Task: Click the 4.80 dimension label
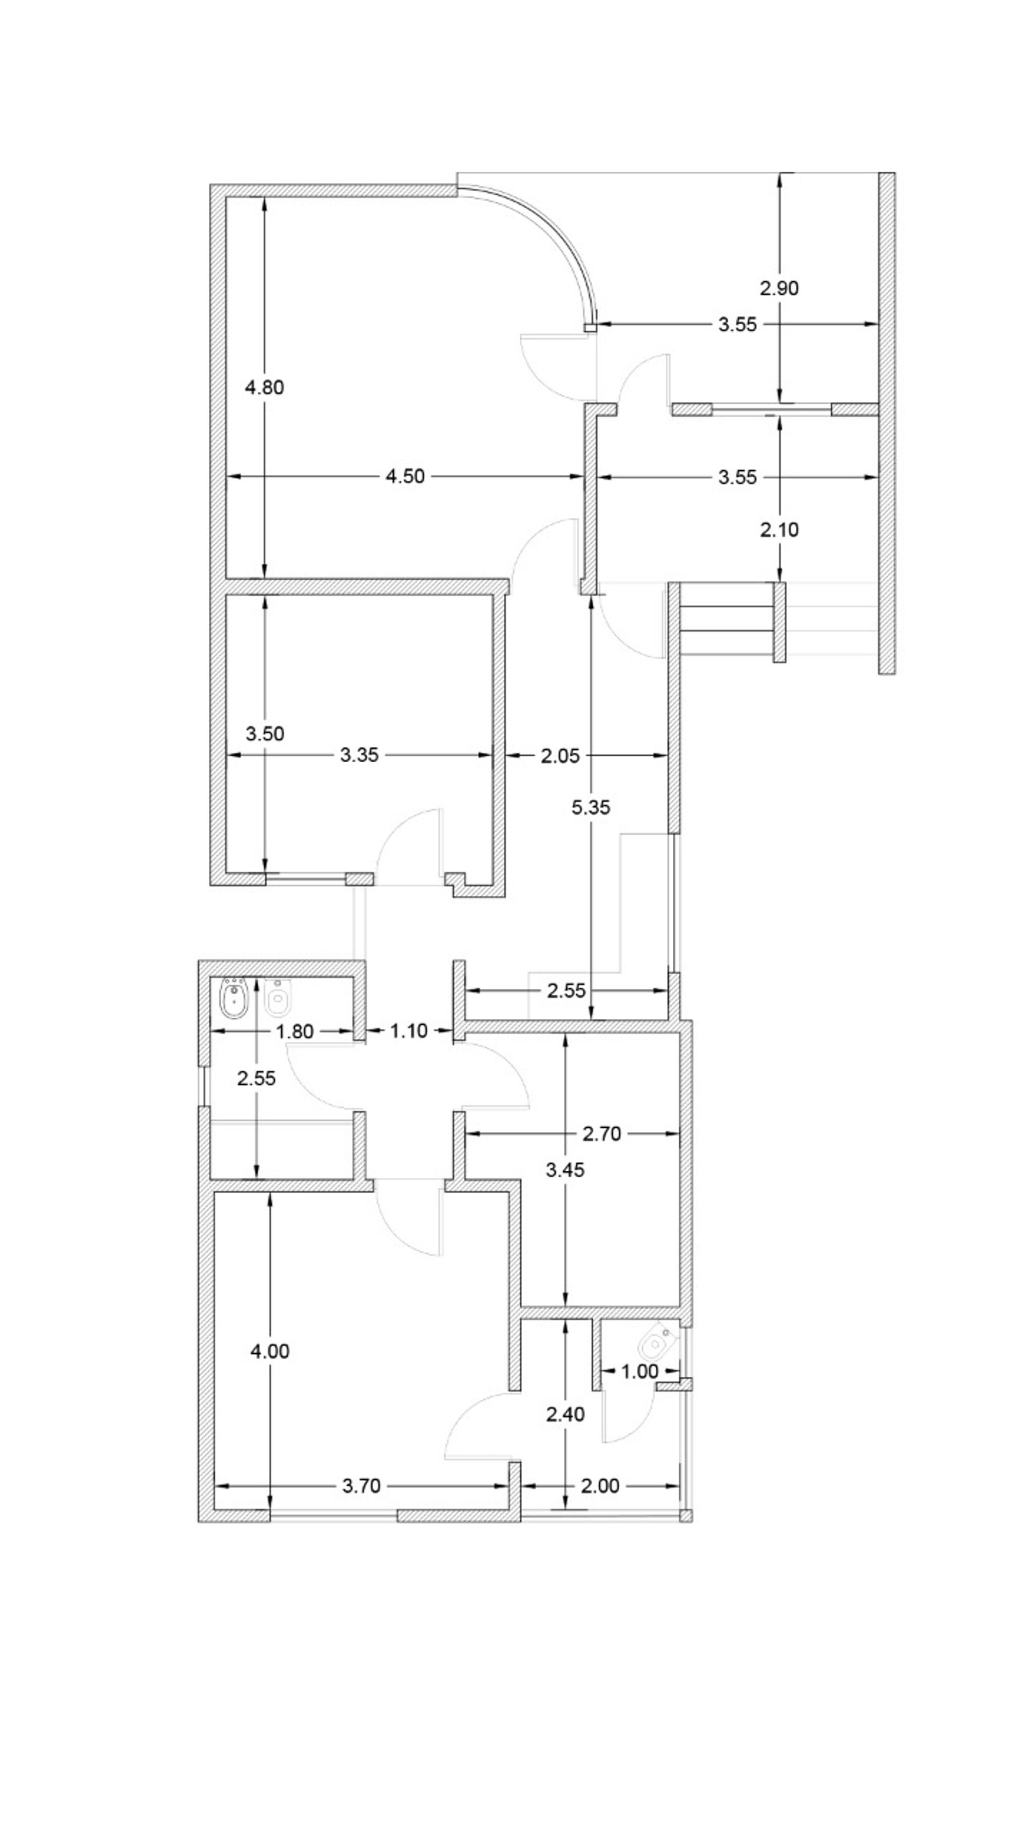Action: pyautogui.click(x=264, y=388)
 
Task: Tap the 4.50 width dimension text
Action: pyautogui.click(x=405, y=477)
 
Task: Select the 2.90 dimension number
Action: pyautogui.click(x=779, y=288)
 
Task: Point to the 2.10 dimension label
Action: pyautogui.click(x=779, y=530)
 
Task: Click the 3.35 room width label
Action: pyautogui.click(x=359, y=755)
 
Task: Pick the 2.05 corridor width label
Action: pyautogui.click(x=560, y=756)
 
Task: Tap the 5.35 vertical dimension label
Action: pyautogui.click(x=591, y=807)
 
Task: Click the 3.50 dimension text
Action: pyautogui.click(x=265, y=734)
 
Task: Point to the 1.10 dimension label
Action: pyautogui.click(x=409, y=1031)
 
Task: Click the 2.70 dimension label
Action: pyautogui.click(x=602, y=1134)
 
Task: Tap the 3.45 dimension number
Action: pyautogui.click(x=565, y=1170)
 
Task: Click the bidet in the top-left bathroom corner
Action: pyautogui.click(x=233, y=998)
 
